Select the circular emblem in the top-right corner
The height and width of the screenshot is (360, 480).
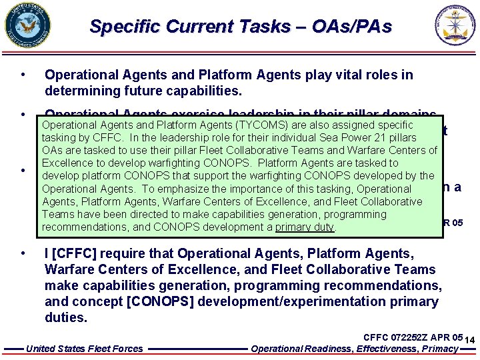[x=456, y=24]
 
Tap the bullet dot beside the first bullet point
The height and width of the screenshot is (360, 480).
[x=23, y=75]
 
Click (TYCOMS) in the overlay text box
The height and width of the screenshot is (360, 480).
[x=252, y=125]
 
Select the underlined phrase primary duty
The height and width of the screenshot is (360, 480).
[x=305, y=227]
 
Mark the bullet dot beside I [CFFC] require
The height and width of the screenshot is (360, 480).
[x=23, y=253]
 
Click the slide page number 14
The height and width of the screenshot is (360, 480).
[x=469, y=340]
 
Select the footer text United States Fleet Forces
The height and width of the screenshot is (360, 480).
[x=84, y=349]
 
